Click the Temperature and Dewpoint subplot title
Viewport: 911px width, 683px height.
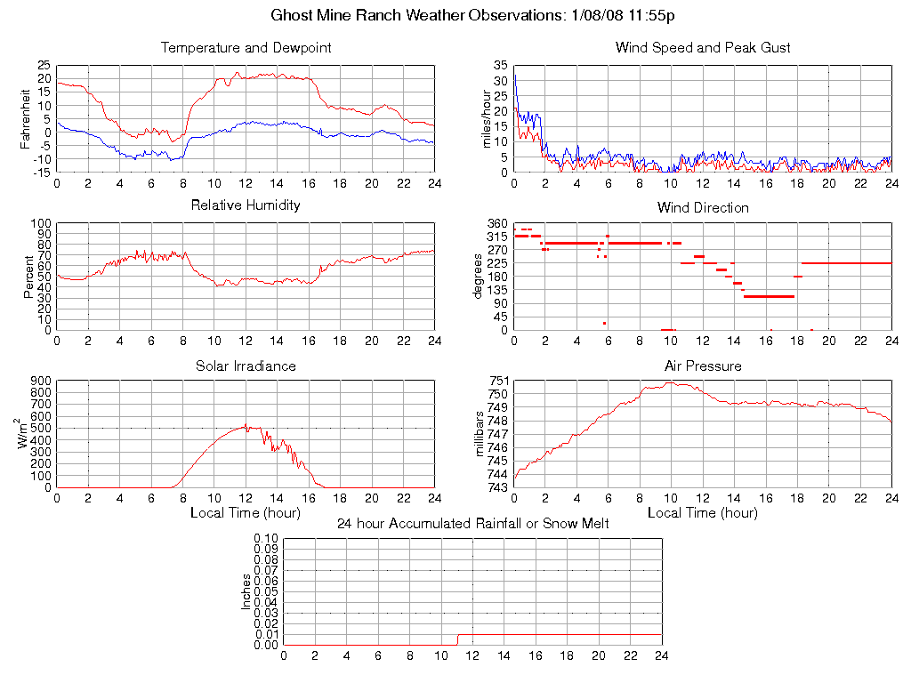pyautogui.click(x=246, y=48)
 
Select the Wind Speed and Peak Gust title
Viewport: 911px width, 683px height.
pyautogui.click(x=703, y=48)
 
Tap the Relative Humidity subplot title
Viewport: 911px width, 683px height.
pyautogui.click(x=246, y=205)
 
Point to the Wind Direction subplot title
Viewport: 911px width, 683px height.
pyautogui.click(x=703, y=208)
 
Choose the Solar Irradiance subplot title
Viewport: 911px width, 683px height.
pyautogui.click(x=246, y=366)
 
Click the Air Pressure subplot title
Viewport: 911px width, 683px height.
pyautogui.click(x=703, y=366)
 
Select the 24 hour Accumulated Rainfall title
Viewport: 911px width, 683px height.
pyautogui.click(x=472, y=524)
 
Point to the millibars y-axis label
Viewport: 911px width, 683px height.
pyautogui.click(x=481, y=434)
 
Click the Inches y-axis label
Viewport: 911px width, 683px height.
pyautogui.click(x=246, y=591)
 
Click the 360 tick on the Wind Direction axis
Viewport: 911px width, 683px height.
pyautogui.click(x=497, y=223)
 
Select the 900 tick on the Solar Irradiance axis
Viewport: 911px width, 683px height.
pyautogui.click(x=40, y=381)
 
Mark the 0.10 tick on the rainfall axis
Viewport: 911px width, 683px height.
pyautogui.click(x=266, y=538)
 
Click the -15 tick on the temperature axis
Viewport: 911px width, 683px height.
pyautogui.click(x=41, y=173)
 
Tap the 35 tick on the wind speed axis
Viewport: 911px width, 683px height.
pyautogui.click(x=500, y=66)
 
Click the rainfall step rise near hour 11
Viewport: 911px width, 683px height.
pyautogui.click(x=457, y=639)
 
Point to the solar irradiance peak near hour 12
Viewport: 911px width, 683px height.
pyautogui.click(x=246, y=425)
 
